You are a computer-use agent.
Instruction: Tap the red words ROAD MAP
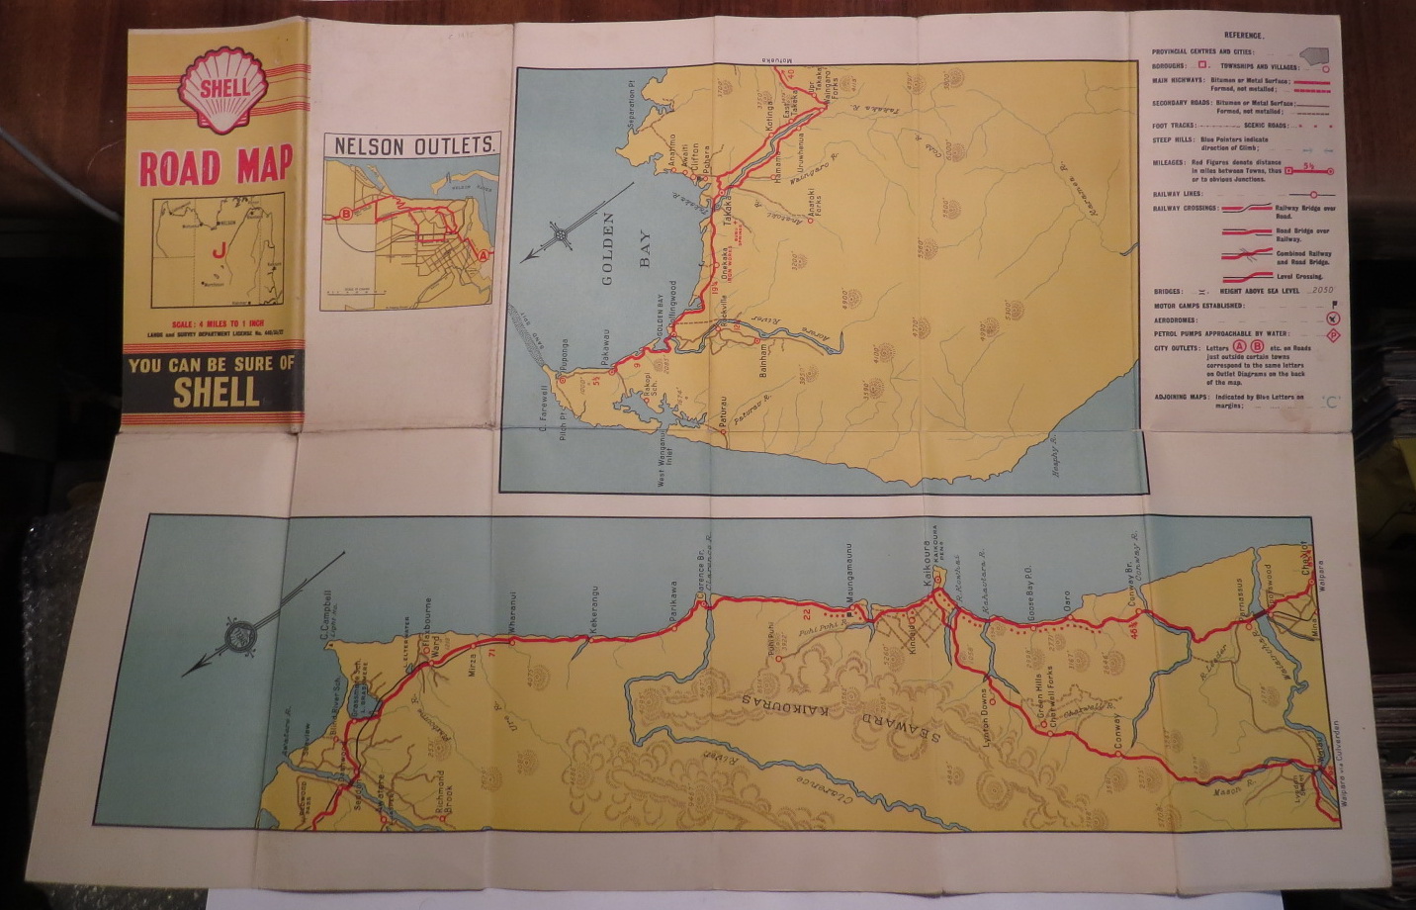click(x=216, y=167)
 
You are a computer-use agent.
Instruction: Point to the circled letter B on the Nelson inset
click(x=346, y=214)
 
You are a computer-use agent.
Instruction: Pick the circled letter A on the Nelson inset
click(x=484, y=254)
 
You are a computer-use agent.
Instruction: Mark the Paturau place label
click(x=723, y=415)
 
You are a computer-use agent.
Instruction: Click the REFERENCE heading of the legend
click(x=1243, y=36)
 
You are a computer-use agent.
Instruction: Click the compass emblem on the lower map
click(x=241, y=635)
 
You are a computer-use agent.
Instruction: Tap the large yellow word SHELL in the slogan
click(x=216, y=393)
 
